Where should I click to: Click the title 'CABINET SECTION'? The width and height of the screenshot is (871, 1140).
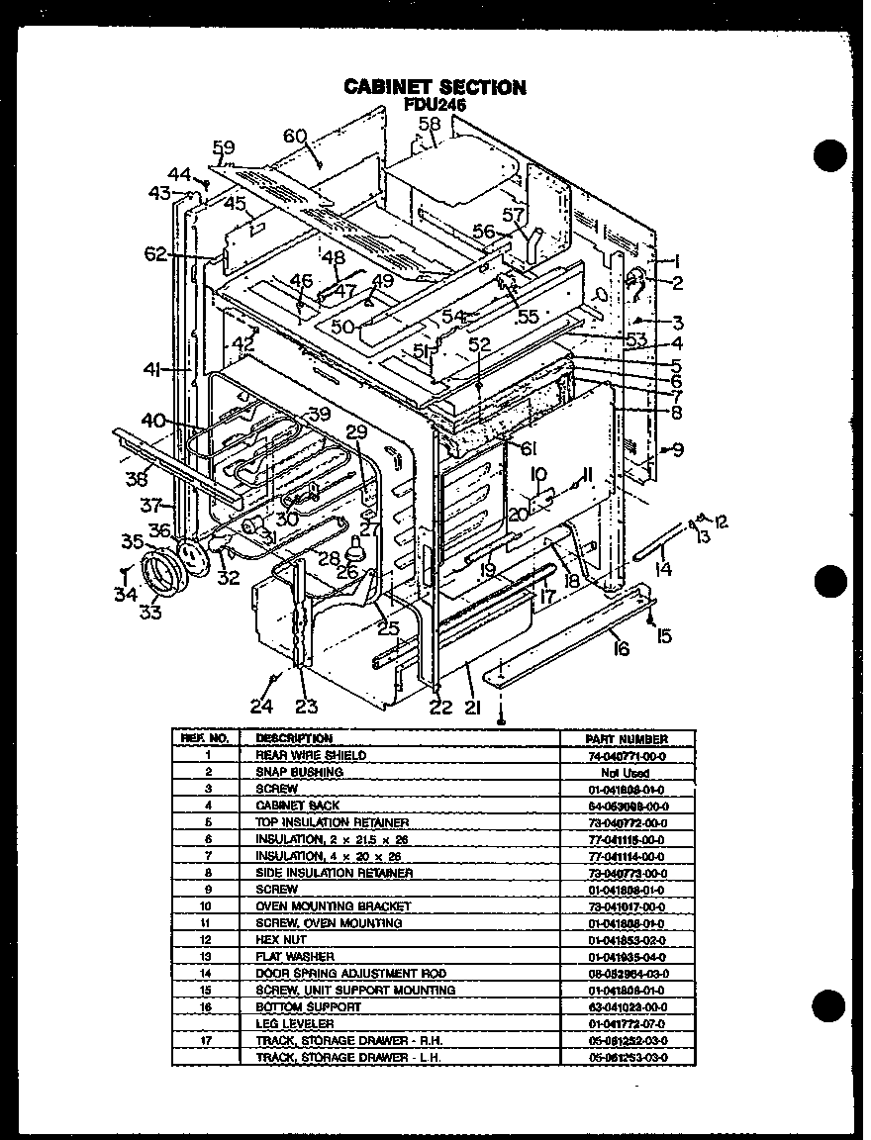tap(435, 87)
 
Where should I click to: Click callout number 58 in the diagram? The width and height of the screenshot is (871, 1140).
tap(428, 125)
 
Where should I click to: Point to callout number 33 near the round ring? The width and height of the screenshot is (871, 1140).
tap(149, 612)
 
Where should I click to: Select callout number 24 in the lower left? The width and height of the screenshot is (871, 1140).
tap(260, 706)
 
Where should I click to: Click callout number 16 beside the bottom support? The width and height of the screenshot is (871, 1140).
tap(620, 648)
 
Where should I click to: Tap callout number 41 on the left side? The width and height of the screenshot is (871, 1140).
tap(151, 369)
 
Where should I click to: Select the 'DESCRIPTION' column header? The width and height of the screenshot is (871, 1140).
tap(294, 738)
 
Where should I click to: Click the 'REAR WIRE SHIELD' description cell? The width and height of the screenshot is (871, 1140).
tap(297, 755)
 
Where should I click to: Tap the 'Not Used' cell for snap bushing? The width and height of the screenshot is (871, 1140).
tap(625, 772)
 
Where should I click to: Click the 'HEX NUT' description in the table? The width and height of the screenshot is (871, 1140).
tap(281, 939)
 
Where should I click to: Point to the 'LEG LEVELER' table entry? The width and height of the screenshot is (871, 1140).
tap(294, 1023)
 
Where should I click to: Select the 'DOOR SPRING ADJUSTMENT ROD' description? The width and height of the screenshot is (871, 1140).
tap(350, 974)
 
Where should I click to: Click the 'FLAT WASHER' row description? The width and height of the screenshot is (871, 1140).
tap(295, 957)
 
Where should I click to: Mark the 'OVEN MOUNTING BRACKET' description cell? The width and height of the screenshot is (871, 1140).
tap(333, 906)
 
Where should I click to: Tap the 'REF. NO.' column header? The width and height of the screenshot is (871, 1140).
tap(205, 738)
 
